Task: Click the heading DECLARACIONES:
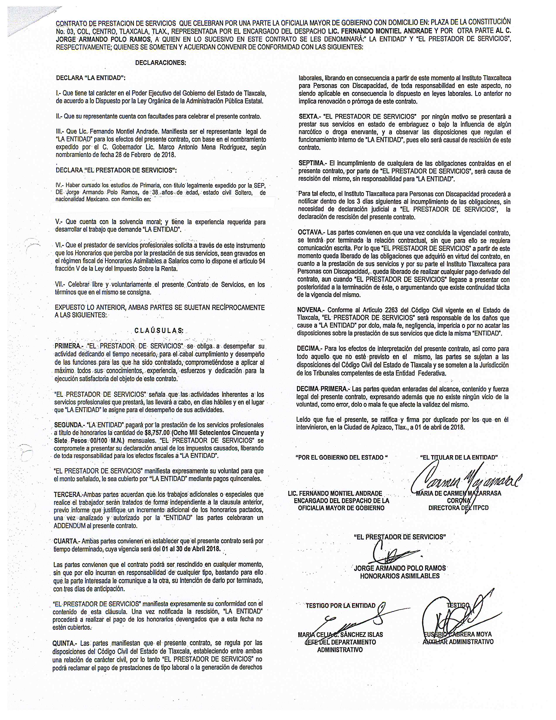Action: click(160, 63)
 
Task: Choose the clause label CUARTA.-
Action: click(66, 541)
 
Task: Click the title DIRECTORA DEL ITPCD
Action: click(458, 508)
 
